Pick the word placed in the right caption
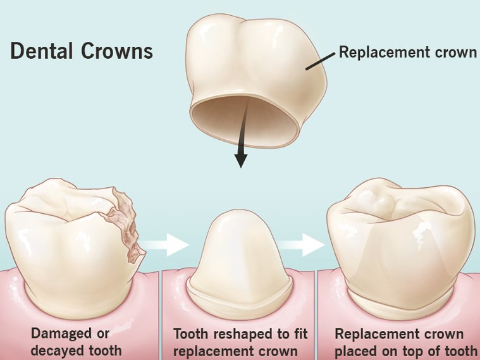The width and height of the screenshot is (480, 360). point(354,350)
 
